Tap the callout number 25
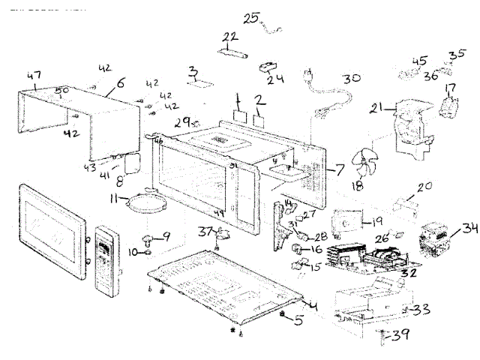249,16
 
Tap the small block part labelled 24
265,67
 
